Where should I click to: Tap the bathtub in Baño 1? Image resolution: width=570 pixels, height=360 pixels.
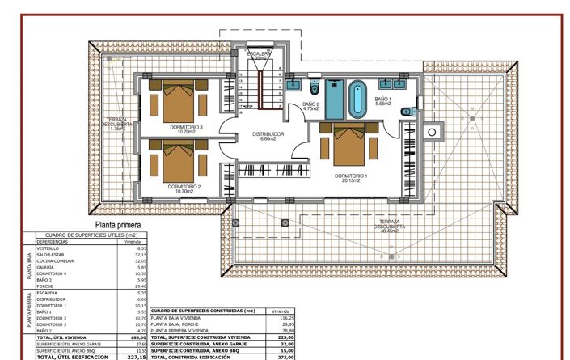(x=357, y=100)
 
